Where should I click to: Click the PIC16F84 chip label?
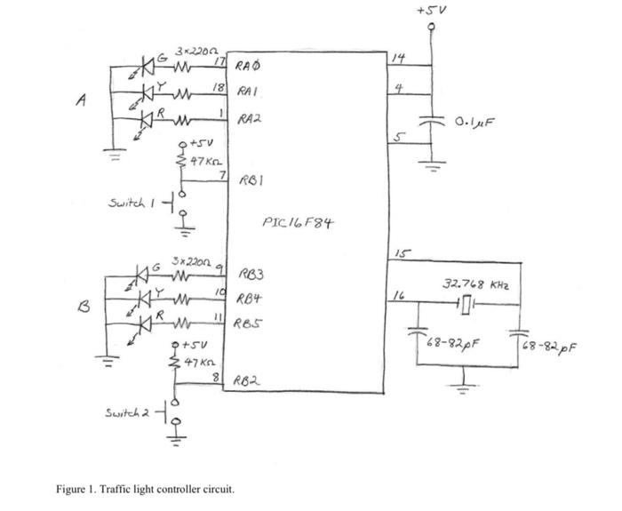299,221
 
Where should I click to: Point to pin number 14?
402,57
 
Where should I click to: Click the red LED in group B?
142,322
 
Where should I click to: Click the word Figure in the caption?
73,488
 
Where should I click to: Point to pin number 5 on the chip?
400,136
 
